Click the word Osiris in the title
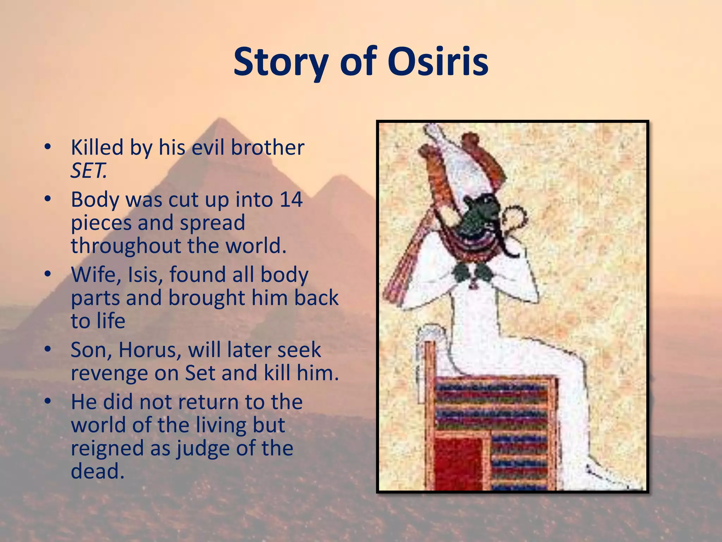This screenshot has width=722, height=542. click(438, 62)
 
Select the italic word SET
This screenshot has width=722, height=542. click(88, 171)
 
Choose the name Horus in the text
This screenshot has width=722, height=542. click(150, 350)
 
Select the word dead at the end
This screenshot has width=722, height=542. click(97, 471)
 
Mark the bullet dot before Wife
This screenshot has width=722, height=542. click(48, 274)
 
